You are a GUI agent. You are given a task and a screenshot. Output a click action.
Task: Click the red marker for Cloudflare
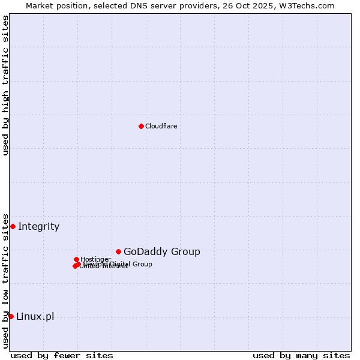(x=141, y=126)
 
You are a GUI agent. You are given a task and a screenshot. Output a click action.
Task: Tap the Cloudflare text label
(x=161, y=126)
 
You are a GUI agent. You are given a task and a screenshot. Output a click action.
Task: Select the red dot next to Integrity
(x=13, y=226)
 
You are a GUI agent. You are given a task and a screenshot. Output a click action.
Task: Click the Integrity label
(x=38, y=226)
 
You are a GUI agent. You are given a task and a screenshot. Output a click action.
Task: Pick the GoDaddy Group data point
(x=118, y=251)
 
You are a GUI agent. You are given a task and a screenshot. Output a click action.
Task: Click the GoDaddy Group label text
(x=161, y=251)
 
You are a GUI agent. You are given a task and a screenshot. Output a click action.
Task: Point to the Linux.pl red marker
(x=11, y=316)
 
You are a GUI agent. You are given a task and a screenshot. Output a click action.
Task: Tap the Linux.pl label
(x=35, y=316)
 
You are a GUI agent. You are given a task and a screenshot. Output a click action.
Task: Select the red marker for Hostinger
(x=76, y=259)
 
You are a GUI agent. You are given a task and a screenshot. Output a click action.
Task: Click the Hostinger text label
(x=95, y=259)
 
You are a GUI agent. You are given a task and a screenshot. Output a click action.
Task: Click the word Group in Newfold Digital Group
(x=142, y=264)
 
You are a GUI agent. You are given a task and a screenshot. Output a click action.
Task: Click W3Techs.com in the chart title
(x=310, y=5)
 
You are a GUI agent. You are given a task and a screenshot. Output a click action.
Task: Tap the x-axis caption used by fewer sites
(x=62, y=355)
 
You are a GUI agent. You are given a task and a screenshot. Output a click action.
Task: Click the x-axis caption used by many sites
(x=301, y=355)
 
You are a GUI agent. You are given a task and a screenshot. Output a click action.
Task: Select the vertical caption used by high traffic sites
(x=5, y=85)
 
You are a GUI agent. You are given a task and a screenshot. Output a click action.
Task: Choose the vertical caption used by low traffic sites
(x=5, y=280)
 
